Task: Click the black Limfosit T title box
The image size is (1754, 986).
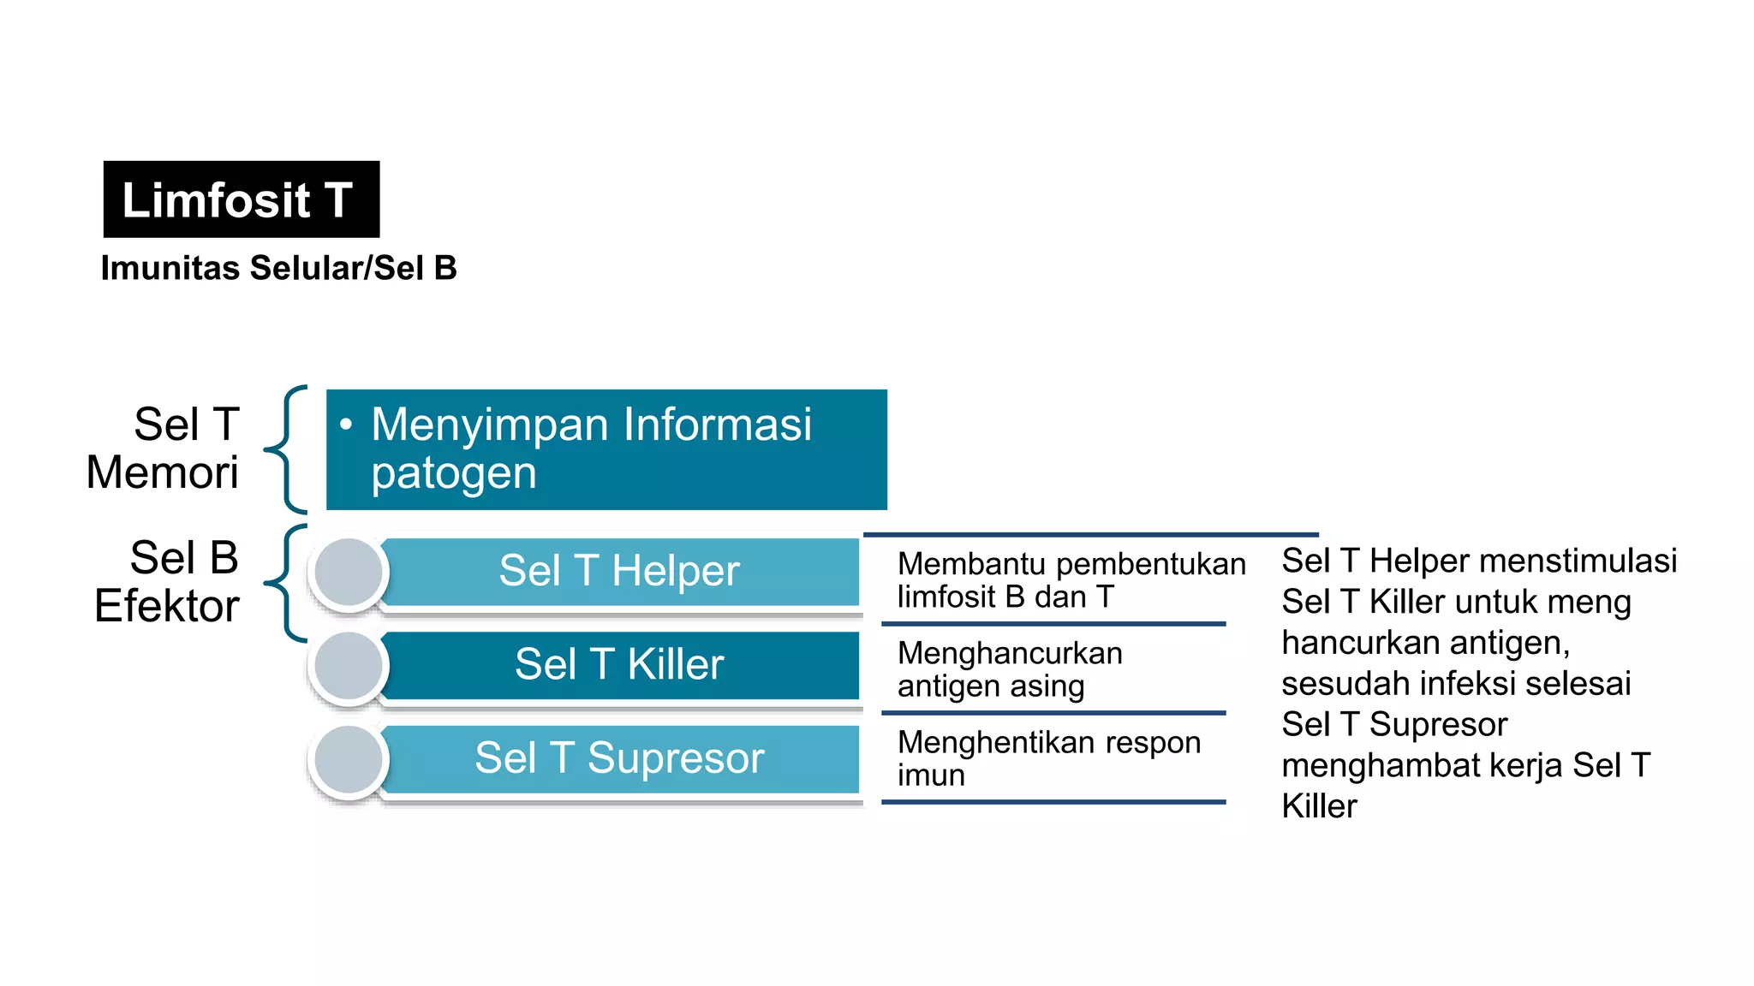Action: [242, 199]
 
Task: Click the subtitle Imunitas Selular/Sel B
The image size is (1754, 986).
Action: [279, 268]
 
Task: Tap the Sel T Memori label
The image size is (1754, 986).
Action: [163, 448]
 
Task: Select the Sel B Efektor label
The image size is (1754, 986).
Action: [167, 582]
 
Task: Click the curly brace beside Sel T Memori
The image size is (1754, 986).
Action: [285, 448]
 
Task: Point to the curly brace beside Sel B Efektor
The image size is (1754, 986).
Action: [285, 583]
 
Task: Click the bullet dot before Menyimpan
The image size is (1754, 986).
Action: [346, 424]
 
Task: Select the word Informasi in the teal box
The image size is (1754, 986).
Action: [718, 424]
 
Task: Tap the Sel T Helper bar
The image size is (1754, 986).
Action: [619, 571]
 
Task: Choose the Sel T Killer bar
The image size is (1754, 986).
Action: [619, 665]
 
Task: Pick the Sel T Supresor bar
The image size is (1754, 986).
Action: [619, 758]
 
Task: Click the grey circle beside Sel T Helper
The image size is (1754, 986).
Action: [349, 572]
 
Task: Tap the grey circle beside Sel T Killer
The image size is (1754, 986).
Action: [349, 666]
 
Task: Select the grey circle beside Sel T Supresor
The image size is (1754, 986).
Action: [349, 759]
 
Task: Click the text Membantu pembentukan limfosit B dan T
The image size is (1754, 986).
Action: [1071, 580]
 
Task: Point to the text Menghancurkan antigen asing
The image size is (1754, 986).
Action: [1010, 669]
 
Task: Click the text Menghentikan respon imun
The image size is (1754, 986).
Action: [1049, 758]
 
